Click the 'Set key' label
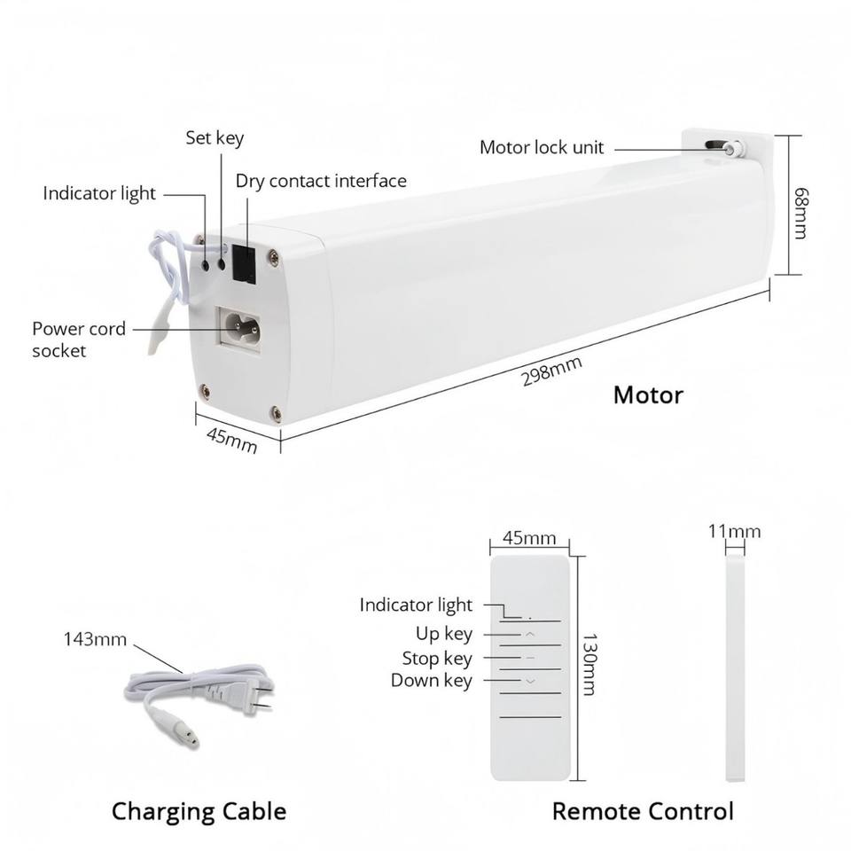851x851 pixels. [x=215, y=138]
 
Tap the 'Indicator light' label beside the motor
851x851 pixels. [x=99, y=193]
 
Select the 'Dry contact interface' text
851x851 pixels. [x=321, y=182]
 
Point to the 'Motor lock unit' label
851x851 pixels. [x=542, y=148]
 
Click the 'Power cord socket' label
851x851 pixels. [x=78, y=340]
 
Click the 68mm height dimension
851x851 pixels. [x=800, y=212]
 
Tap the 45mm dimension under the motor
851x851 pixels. [x=231, y=439]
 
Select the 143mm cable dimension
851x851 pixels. [x=95, y=639]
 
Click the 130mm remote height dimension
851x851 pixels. [x=587, y=664]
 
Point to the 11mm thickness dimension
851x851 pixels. [x=734, y=532]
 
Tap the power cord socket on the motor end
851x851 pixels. [x=238, y=328]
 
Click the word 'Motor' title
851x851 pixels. [x=648, y=394]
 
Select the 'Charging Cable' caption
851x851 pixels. [x=199, y=811]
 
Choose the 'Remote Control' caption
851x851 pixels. [x=643, y=811]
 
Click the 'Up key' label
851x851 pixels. [x=444, y=634]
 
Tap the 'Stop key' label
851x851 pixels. [x=437, y=659]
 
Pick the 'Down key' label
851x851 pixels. [x=432, y=681]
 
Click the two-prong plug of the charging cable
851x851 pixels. [x=257, y=696]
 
